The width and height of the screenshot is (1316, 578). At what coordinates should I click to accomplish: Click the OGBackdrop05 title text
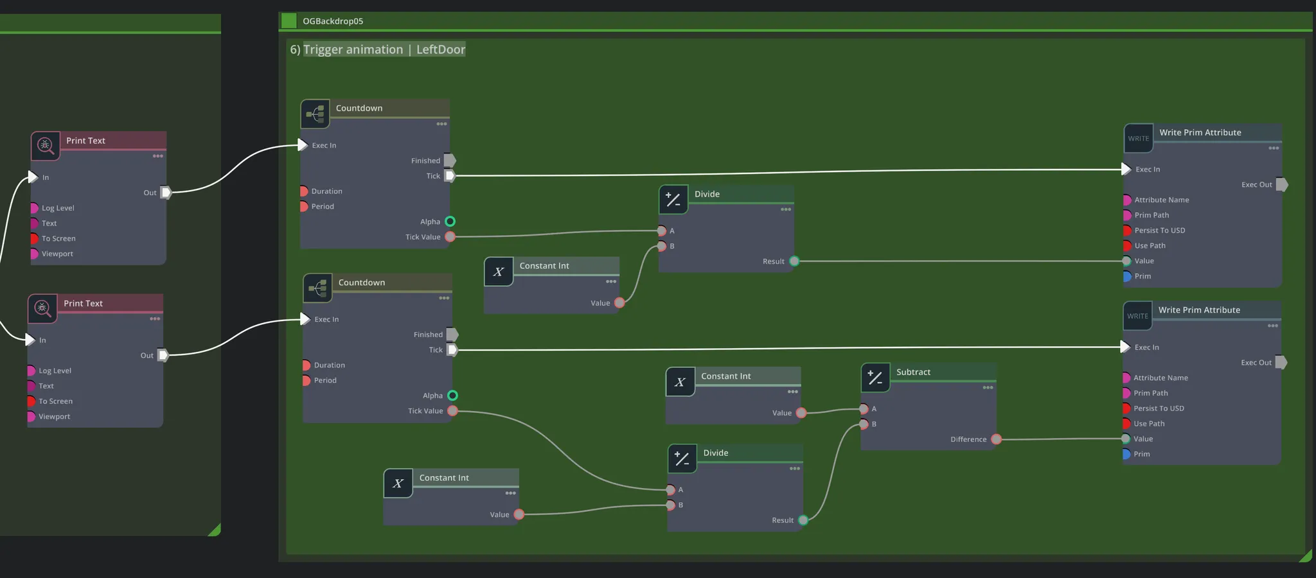pyautogui.click(x=333, y=21)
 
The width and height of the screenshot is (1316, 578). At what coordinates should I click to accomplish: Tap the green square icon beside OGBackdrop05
pyautogui.click(x=289, y=21)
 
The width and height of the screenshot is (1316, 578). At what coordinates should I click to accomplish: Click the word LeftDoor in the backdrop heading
pyautogui.click(x=440, y=49)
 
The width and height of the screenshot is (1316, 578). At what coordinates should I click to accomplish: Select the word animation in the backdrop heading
pyautogui.click(x=374, y=49)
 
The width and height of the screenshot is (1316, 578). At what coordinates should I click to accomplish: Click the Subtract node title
pyautogui.click(x=913, y=372)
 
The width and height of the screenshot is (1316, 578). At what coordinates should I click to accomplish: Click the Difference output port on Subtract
pyautogui.click(x=996, y=439)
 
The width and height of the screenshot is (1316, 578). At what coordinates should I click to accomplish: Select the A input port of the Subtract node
pyautogui.click(x=864, y=408)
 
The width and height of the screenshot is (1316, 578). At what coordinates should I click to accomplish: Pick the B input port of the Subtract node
pyautogui.click(x=864, y=424)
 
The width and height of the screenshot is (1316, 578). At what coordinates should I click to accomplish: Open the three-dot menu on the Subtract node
pyautogui.click(x=988, y=387)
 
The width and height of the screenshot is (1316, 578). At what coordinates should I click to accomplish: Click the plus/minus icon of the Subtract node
pyautogui.click(x=875, y=378)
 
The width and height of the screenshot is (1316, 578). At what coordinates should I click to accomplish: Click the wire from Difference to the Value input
pyautogui.click(x=1060, y=439)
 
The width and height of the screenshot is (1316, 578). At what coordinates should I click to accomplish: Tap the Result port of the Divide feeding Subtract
pyautogui.click(x=803, y=520)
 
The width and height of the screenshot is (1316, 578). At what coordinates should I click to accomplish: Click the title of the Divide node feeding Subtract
pyautogui.click(x=715, y=453)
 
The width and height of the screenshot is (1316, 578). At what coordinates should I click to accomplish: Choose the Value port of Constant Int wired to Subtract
pyautogui.click(x=801, y=413)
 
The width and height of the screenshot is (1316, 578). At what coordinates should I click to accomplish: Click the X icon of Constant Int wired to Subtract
pyautogui.click(x=680, y=382)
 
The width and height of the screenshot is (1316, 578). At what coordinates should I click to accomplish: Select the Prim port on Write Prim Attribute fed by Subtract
pyautogui.click(x=1126, y=454)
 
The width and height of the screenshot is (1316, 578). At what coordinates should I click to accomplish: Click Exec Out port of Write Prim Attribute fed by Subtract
pyautogui.click(x=1281, y=362)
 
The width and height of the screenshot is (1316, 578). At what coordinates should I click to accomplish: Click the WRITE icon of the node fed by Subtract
pyautogui.click(x=1137, y=316)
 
